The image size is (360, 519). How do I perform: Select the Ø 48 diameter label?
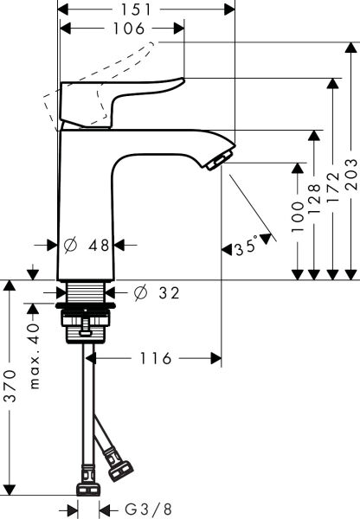tap(88, 245)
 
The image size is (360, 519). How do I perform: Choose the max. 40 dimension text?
tap(35, 344)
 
